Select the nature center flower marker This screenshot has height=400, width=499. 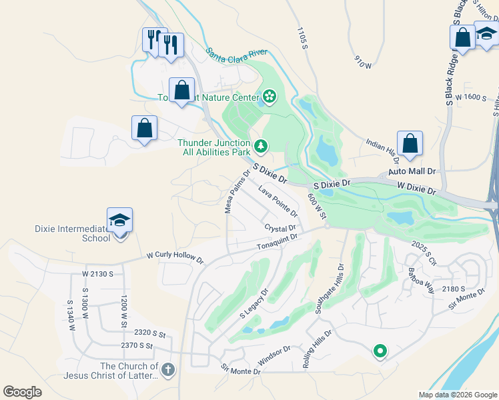tap(269, 97)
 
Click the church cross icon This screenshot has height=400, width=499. tap(167, 369)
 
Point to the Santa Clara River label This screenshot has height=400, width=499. tap(236, 53)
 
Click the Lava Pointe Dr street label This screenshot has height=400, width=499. tap(278, 202)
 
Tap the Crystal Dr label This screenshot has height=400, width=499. tap(280, 229)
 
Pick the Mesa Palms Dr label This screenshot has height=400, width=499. tap(237, 191)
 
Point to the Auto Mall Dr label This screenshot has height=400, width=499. tap(412, 171)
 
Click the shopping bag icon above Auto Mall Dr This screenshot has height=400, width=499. tap(410, 143)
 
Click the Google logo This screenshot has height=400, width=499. tap(23, 392)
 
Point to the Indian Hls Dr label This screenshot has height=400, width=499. tap(382, 150)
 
